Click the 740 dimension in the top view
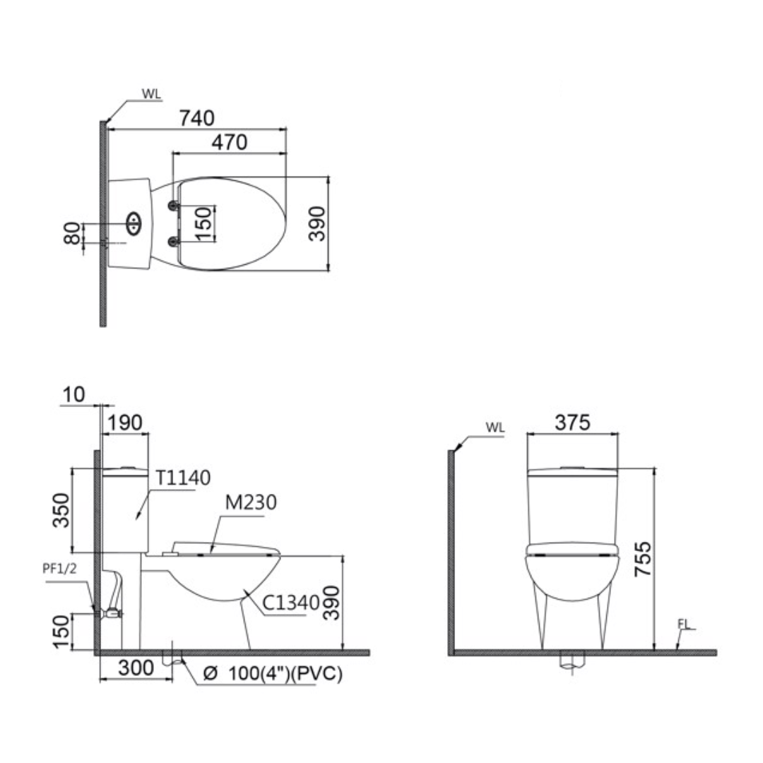tap(196, 118)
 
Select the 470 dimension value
tap(229, 142)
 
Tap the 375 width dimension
tap(572, 422)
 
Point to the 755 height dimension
tap(643, 559)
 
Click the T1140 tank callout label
tap(182, 478)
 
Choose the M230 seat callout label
tap(251, 502)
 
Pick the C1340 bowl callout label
tap(290, 603)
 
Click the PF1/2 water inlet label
tap(59, 568)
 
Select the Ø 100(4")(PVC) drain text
tap(273, 673)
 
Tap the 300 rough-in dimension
tap(136, 668)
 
